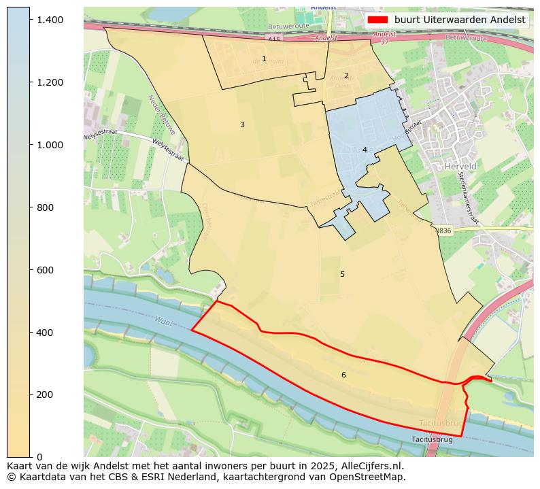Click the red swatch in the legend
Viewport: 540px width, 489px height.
click(x=377, y=20)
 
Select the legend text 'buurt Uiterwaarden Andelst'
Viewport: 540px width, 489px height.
click(x=460, y=20)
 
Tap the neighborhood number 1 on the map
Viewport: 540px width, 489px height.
click(x=264, y=59)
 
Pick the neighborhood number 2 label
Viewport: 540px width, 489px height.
click(x=345, y=76)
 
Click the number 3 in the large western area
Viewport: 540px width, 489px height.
click(x=242, y=125)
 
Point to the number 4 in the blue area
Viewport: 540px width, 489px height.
click(x=365, y=150)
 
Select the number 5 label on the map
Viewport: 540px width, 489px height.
click(x=342, y=275)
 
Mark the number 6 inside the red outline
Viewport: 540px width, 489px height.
click(x=343, y=375)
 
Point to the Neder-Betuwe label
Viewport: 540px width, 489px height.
click(x=161, y=114)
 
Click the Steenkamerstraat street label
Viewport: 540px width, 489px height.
click(x=470, y=197)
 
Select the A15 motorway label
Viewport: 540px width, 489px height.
click(x=273, y=40)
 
